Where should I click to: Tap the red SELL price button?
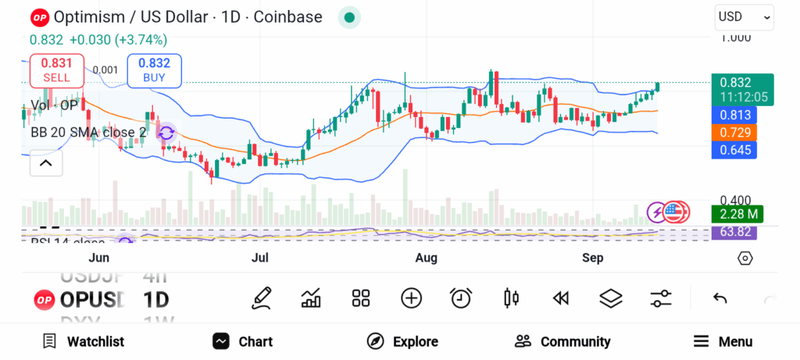pyautogui.click(x=57, y=70)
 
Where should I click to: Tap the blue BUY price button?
pyautogui.click(x=154, y=70)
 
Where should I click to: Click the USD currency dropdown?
pyautogui.click(x=744, y=16)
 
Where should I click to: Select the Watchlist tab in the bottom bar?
pyautogui.click(x=84, y=341)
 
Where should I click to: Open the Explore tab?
pyautogui.click(x=402, y=341)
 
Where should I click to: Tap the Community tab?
pyautogui.click(x=562, y=341)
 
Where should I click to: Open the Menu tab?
pyautogui.click(x=723, y=341)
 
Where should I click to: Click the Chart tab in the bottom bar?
pyautogui.click(x=243, y=341)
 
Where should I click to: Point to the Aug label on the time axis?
pyautogui.click(x=426, y=258)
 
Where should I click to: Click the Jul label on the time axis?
pyautogui.click(x=260, y=258)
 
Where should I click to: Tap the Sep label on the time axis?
pyautogui.click(x=593, y=258)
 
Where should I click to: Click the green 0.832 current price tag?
pyautogui.click(x=742, y=82)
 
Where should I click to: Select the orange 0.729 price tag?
pyautogui.click(x=734, y=132)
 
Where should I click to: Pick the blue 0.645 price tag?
pyautogui.click(x=734, y=149)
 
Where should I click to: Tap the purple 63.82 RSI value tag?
pyautogui.click(x=734, y=232)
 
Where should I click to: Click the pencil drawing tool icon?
pyautogui.click(x=262, y=298)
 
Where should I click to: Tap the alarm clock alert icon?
pyautogui.click(x=461, y=298)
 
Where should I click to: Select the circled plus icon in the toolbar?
pyautogui.click(x=411, y=298)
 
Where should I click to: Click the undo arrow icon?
pyautogui.click(x=720, y=298)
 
